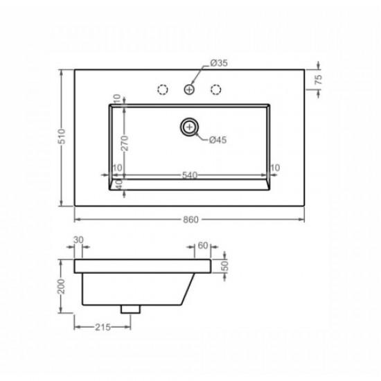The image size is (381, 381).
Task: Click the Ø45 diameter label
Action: (x=218, y=141)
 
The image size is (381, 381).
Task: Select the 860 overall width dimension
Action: (x=192, y=220)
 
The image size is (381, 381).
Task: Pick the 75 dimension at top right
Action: (x=318, y=80)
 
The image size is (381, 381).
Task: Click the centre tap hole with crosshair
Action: (x=189, y=89)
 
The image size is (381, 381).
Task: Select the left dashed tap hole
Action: (x=163, y=89)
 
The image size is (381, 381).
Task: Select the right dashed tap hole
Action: (x=215, y=89)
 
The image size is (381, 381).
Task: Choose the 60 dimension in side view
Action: (x=203, y=245)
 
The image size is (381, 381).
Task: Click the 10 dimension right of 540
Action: (x=275, y=168)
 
